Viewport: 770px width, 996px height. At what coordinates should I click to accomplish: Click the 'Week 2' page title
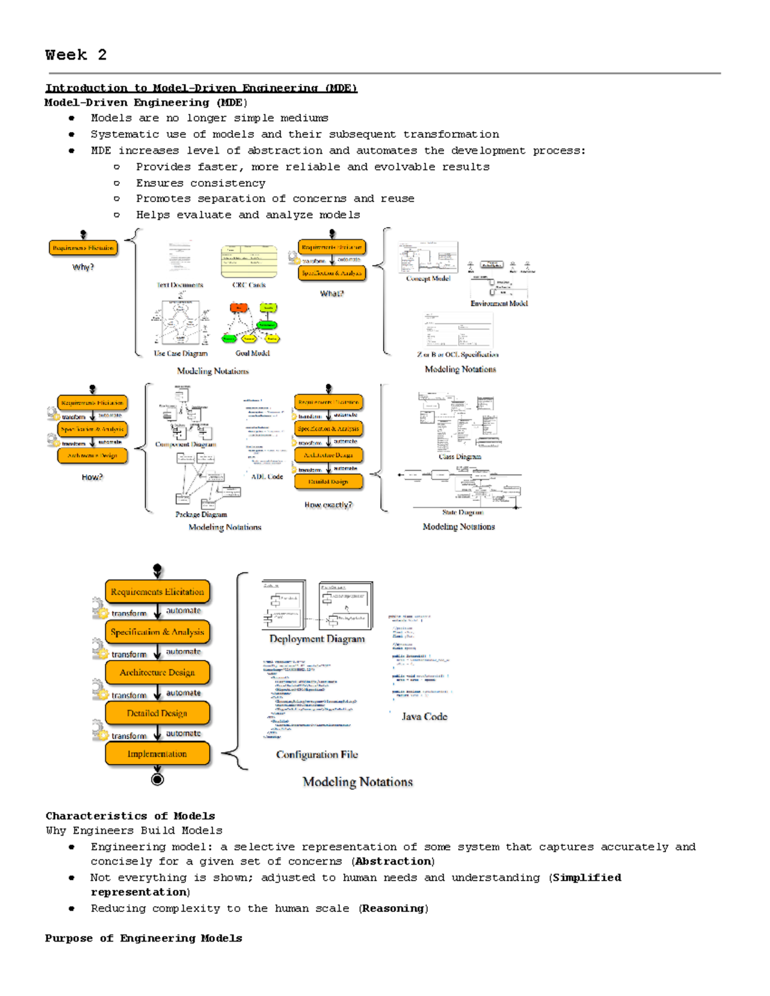(76, 55)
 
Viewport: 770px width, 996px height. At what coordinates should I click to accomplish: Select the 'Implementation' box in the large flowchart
(157, 754)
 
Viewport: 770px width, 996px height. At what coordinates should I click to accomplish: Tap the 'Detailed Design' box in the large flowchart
(157, 713)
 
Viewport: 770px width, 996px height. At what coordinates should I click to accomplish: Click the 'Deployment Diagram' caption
(317, 639)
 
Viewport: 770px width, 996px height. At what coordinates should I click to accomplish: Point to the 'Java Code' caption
(424, 716)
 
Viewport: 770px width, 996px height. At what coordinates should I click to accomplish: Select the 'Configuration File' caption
(317, 755)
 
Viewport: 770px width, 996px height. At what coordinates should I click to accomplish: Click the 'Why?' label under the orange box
(83, 267)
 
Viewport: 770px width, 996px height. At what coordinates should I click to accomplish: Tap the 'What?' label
(332, 293)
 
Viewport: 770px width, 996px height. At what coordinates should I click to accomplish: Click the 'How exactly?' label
(328, 505)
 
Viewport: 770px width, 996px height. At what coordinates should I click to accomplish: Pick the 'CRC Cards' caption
(249, 285)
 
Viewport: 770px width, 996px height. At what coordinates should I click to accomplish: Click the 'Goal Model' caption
(252, 353)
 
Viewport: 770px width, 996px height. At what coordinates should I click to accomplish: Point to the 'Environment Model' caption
(499, 303)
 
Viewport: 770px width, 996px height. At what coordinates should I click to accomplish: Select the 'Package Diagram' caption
(201, 514)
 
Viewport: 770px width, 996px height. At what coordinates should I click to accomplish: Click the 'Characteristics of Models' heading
(130, 816)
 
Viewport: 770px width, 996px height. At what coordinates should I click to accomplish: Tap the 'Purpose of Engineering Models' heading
(144, 938)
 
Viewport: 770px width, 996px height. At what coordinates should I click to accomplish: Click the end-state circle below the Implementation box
(157, 779)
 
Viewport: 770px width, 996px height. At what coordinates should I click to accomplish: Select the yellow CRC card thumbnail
(249, 262)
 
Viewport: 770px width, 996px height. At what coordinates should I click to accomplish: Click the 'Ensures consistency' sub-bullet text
(200, 183)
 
